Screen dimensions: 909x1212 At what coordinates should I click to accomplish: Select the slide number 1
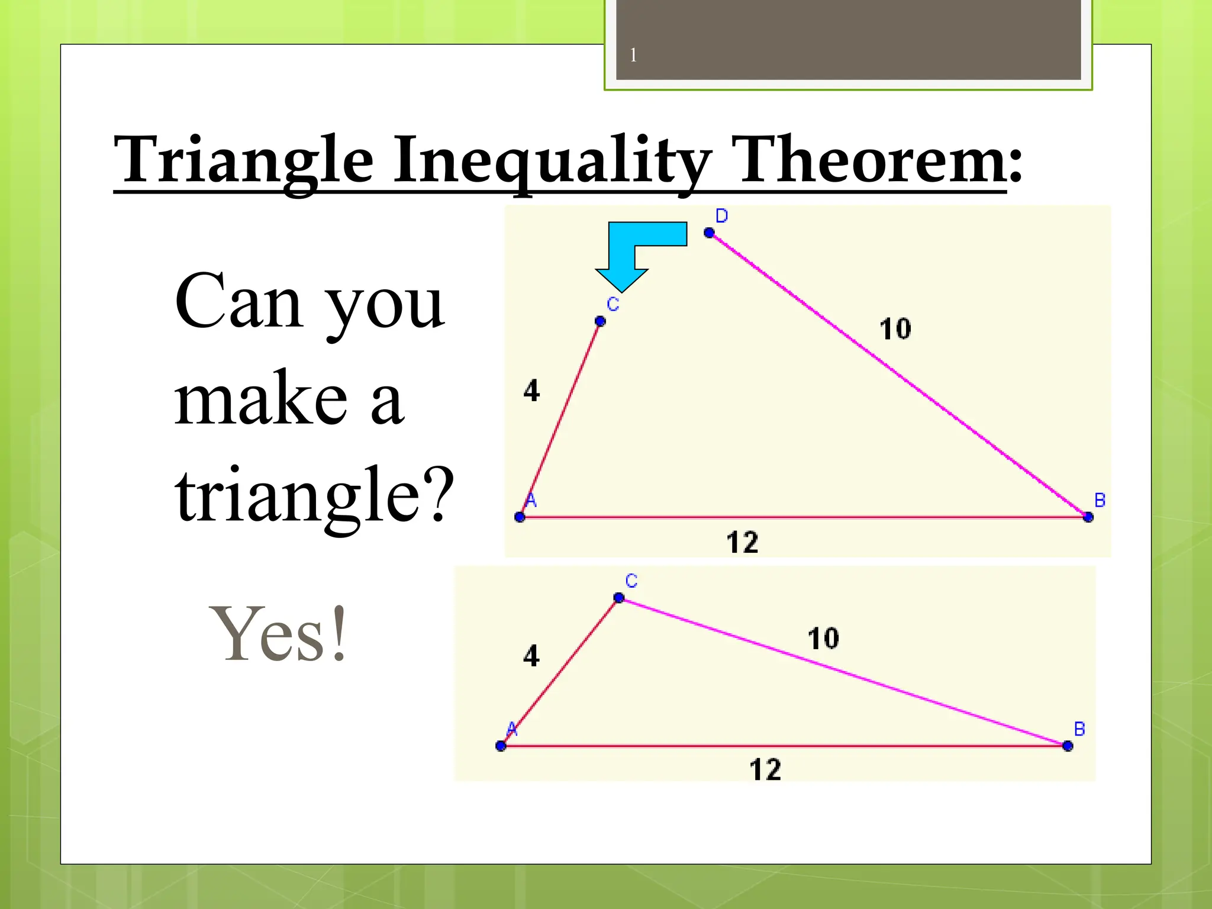(x=633, y=56)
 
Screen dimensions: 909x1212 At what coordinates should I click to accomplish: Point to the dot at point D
(x=709, y=233)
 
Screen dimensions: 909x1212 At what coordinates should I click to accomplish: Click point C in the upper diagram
(x=600, y=321)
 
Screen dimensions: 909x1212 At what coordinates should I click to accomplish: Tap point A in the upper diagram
(x=520, y=517)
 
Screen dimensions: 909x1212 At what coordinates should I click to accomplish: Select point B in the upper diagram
(x=1088, y=517)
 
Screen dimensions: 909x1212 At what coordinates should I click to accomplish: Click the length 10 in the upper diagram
(x=895, y=329)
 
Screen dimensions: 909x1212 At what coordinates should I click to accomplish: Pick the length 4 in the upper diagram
(x=531, y=391)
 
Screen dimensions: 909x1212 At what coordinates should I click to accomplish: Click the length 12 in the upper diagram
(x=742, y=542)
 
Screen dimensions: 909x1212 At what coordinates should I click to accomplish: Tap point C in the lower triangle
(x=619, y=598)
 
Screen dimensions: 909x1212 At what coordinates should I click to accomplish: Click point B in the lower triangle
(x=1068, y=746)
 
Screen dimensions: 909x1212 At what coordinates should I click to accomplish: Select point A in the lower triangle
(x=501, y=746)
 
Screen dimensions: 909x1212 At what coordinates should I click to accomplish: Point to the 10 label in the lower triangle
(x=823, y=639)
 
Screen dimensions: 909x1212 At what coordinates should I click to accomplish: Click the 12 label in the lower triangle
(x=765, y=770)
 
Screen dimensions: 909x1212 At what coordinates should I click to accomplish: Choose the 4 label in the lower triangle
(x=531, y=656)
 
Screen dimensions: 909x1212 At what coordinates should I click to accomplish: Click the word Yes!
(x=278, y=635)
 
